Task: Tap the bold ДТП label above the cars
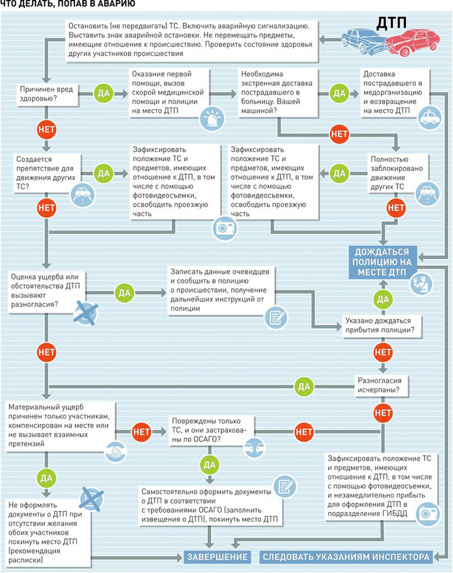click(x=391, y=23)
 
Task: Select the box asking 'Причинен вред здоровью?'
click(x=48, y=94)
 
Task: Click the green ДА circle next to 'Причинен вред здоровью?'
click(x=103, y=93)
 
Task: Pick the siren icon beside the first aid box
click(x=212, y=118)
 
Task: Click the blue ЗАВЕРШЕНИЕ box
click(x=217, y=557)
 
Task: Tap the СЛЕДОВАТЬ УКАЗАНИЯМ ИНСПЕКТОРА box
click(x=346, y=557)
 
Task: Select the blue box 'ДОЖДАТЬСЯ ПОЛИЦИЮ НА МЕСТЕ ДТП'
click(x=382, y=262)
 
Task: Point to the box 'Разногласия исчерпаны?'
click(x=380, y=385)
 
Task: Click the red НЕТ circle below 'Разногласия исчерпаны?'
click(x=383, y=413)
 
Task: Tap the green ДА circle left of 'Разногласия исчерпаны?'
click(x=304, y=387)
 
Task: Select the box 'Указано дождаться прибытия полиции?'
click(x=382, y=326)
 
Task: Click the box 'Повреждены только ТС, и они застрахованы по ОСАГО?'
click(x=211, y=431)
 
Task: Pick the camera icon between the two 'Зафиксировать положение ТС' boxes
click(x=225, y=228)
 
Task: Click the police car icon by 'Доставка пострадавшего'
click(x=430, y=118)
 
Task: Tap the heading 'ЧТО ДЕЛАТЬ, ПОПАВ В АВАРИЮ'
click(x=67, y=4)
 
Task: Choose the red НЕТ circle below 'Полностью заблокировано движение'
click(x=396, y=208)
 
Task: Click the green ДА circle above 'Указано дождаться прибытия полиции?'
click(x=383, y=300)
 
